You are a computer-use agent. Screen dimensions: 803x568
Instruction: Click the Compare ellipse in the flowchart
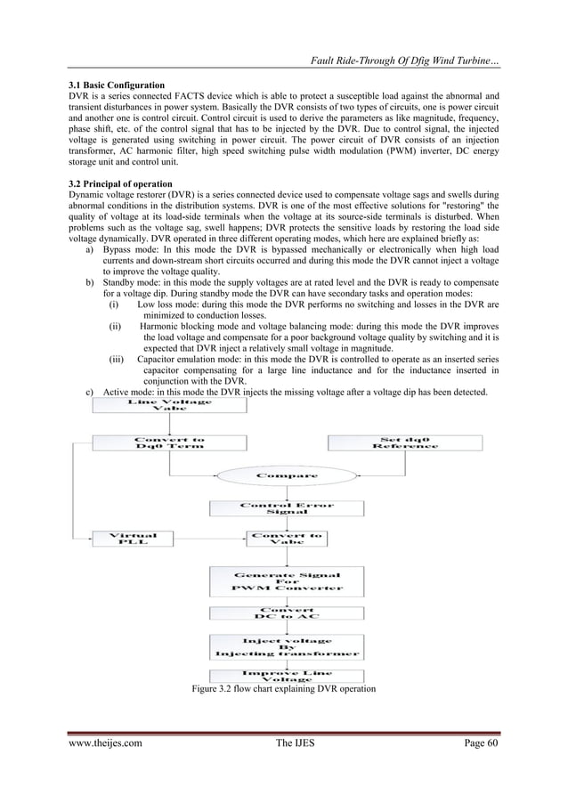[288, 475]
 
